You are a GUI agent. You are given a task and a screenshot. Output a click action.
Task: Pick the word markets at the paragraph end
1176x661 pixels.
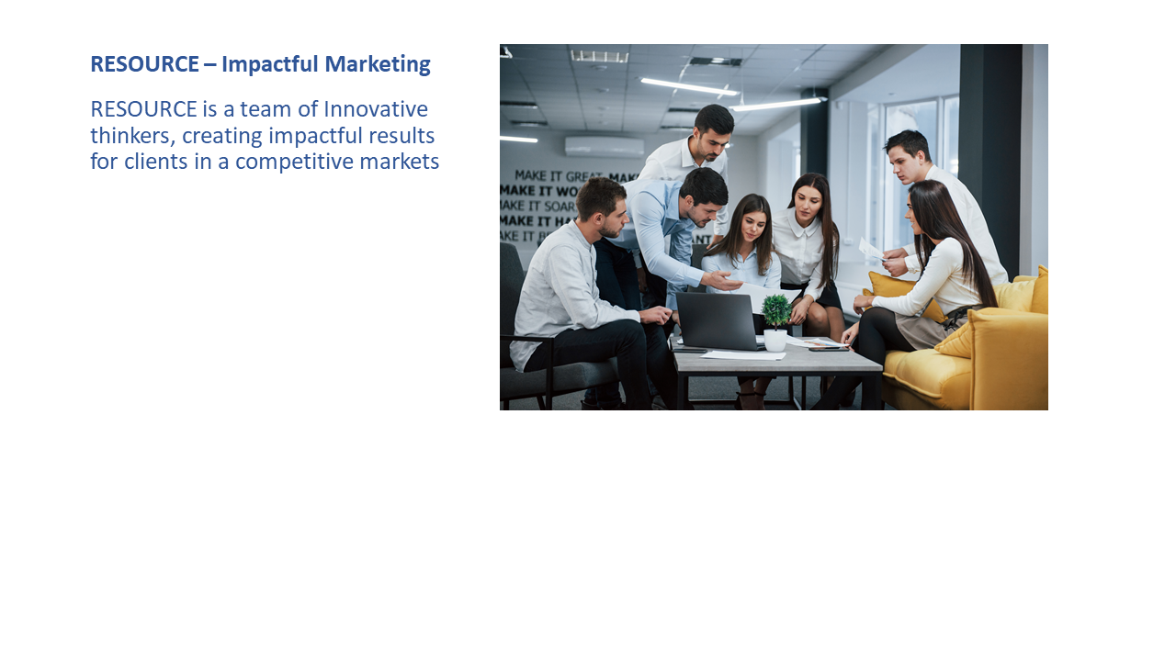tap(403, 162)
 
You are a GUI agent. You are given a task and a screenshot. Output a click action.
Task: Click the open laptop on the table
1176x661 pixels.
tap(718, 320)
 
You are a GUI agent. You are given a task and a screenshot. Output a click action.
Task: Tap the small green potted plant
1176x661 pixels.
tap(776, 310)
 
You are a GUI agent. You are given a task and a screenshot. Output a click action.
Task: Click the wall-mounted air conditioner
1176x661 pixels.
tap(604, 146)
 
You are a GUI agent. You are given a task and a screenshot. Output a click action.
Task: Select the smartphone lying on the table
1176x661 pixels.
tap(827, 349)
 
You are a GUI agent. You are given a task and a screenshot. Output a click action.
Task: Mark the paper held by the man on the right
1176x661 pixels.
tap(870, 250)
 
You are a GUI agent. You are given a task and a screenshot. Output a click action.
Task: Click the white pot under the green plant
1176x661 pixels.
tap(775, 340)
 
